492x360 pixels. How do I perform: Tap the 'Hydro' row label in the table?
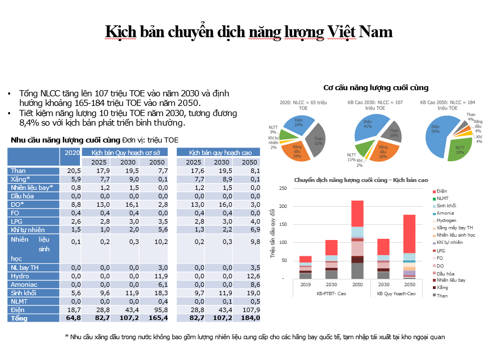pyautogui.click(x=20, y=276)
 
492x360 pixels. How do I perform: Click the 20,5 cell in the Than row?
pyautogui.click(x=71, y=171)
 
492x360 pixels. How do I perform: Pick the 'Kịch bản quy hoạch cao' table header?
pyautogui.click(x=218, y=152)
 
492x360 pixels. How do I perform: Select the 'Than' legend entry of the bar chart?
pyautogui.click(x=442, y=295)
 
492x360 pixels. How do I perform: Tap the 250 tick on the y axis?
pyautogui.click(x=283, y=189)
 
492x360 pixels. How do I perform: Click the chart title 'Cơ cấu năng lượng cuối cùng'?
pyautogui.click(x=376, y=87)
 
